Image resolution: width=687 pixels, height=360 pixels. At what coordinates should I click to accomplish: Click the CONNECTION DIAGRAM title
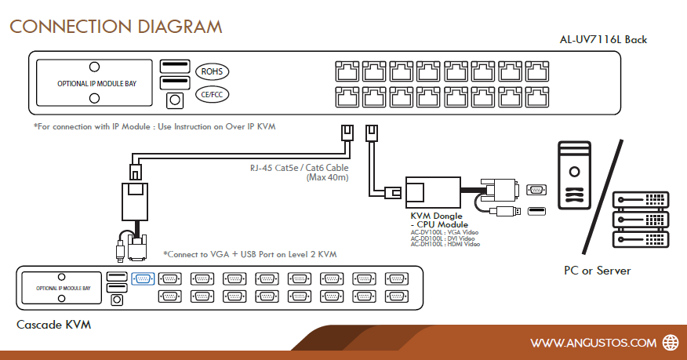[115, 27]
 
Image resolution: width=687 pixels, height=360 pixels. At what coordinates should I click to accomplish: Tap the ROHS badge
[212, 71]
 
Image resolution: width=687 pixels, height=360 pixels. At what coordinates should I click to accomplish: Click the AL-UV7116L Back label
[603, 39]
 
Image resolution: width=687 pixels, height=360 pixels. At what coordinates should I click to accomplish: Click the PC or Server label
[597, 271]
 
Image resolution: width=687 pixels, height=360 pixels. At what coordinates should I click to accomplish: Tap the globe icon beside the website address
[671, 342]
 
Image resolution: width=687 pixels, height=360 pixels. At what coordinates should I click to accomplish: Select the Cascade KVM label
[54, 323]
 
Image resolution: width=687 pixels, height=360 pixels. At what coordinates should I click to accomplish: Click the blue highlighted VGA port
[143, 278]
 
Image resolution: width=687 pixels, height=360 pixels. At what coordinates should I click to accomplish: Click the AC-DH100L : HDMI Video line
[445, 244]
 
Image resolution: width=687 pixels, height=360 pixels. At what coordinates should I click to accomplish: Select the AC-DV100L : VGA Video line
[445, 232]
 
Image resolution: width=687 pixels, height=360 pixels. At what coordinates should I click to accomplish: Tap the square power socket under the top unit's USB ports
[174, 100]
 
